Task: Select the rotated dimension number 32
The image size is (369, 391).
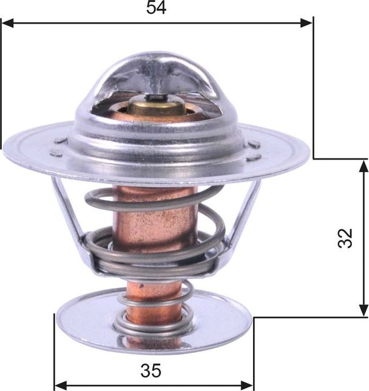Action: coord(345,238)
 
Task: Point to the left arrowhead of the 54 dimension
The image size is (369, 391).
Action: coord(7,23)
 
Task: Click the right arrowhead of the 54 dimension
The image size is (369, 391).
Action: coord(307,23)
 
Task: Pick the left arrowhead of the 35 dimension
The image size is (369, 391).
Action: coord(60,384)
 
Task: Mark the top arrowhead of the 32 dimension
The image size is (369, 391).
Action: coord(363,166)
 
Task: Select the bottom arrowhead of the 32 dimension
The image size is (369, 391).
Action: coord(363,310)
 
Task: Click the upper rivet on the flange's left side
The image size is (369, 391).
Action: coord(61,140)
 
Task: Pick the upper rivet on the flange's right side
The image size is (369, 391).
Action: coord(254,144)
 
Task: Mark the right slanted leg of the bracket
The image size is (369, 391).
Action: coord(245,213)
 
